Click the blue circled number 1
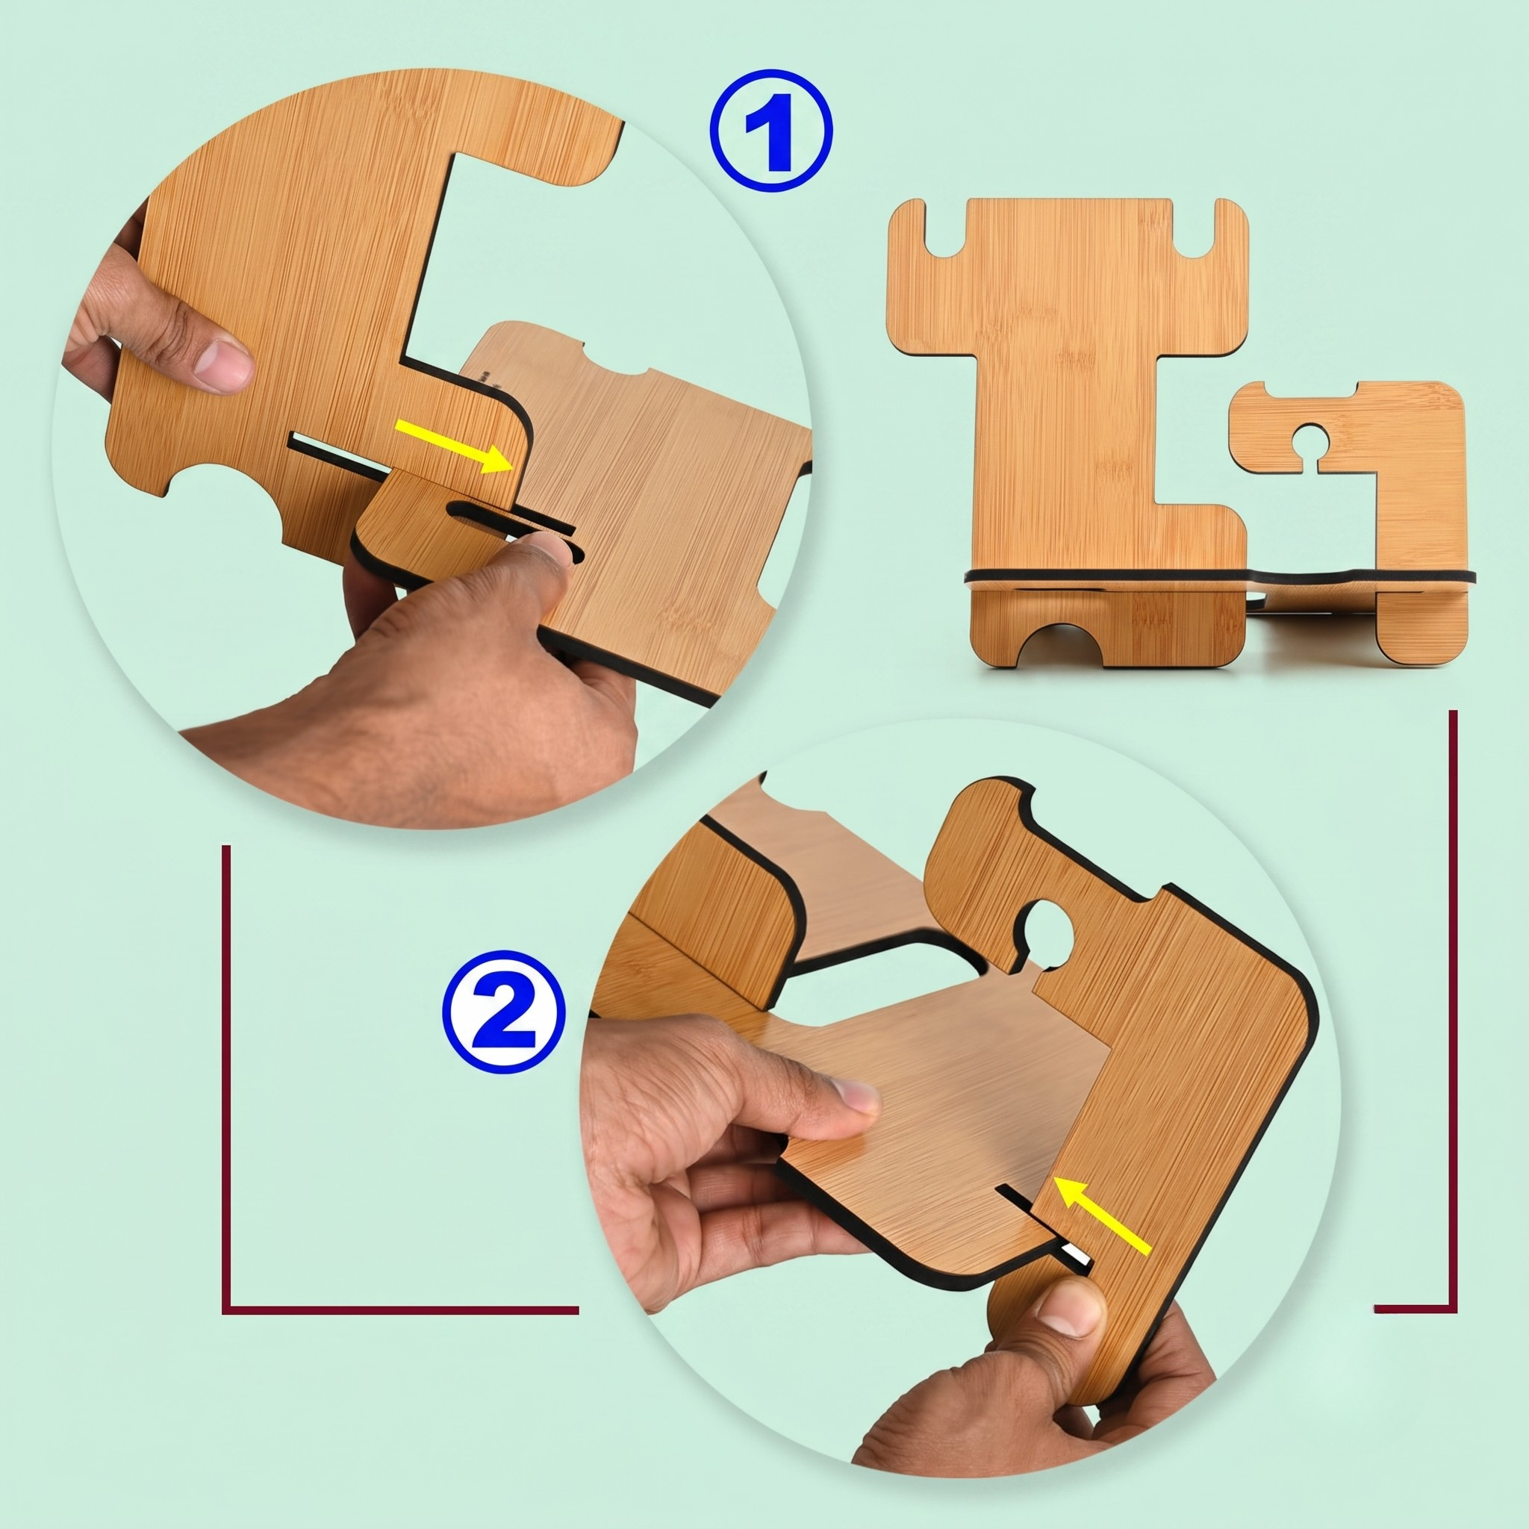click(770, 130)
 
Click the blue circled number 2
click(504, 1013)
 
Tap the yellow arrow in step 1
click(452, 447)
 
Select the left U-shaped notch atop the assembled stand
click(946, 229)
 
